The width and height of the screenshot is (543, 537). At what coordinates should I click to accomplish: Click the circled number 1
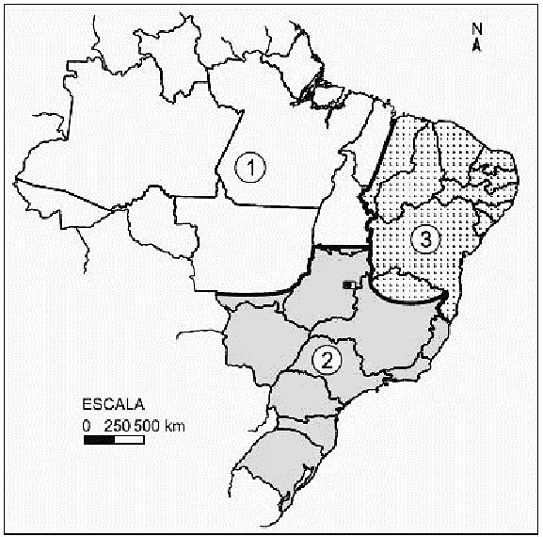point(251,169)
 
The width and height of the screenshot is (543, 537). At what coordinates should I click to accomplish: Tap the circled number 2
point(327,360)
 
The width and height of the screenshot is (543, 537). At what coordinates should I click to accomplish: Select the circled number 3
point(426,240)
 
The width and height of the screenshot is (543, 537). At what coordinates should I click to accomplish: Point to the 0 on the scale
point(86,425)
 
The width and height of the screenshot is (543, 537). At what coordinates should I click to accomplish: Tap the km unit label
point(174,425)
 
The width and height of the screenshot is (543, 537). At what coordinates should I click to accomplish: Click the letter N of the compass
point(477,27)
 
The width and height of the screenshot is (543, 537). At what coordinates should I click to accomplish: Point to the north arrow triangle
point(477,41)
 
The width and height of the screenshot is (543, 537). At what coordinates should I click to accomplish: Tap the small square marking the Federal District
point(347,283)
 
